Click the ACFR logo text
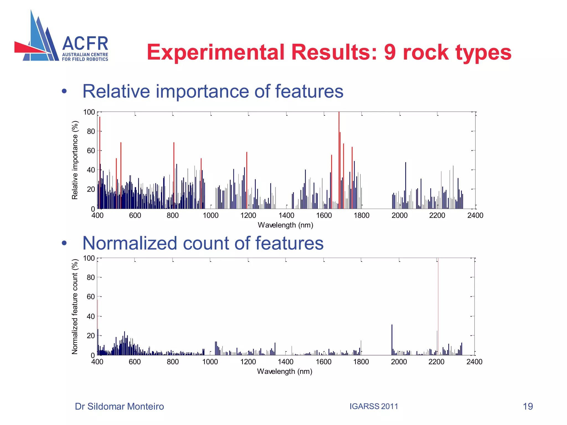85,44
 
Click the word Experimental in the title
215,52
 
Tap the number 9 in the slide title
390,52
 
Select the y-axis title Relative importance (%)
75,160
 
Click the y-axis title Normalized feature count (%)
75,307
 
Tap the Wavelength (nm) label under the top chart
285,225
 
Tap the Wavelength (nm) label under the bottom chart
285,371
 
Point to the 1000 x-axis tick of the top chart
210,216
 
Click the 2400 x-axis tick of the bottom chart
474,362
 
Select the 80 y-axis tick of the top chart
91,131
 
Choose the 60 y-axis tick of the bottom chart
91,297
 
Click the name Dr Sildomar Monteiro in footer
119,406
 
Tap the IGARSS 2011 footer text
373,406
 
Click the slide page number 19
528,406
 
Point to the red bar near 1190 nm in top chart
247,180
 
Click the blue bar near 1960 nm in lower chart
392,340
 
